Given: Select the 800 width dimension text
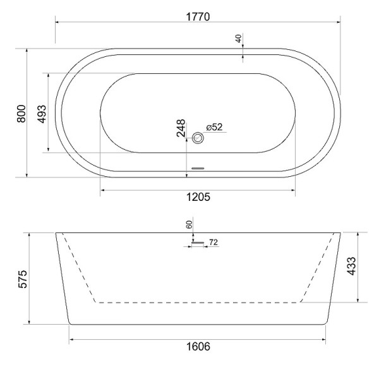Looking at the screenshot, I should pos(20,113).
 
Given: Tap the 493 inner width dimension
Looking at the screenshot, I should pos(42,113).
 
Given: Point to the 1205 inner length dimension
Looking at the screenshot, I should pos(198,196).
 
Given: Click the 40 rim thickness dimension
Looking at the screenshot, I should pos(239,39).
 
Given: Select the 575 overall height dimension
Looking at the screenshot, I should pos(20,279).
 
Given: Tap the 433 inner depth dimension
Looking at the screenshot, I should pos(369,266).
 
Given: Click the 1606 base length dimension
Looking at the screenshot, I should pos(198,346).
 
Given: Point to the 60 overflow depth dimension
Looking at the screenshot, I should pos(189,224).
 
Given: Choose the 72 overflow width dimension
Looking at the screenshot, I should pos(213,242).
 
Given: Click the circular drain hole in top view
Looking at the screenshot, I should pos(199,138).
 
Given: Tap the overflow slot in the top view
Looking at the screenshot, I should pos(199,168).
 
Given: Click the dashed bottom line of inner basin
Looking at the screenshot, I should pos(198,303).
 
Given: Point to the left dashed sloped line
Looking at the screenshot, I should pos(79,268).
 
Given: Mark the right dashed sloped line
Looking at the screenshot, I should pos(317,268).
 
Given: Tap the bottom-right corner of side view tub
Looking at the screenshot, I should pos(327,323).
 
